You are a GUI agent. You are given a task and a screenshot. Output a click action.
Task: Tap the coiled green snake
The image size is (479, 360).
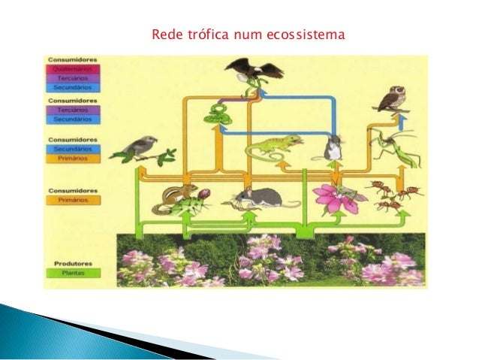(218, 115)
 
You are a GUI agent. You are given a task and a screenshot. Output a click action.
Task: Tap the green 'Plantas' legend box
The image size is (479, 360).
(73, 274)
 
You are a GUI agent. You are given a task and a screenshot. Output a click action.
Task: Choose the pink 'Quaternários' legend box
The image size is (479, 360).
(73, 68)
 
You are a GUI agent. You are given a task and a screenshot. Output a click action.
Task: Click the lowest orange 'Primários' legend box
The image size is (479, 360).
(73, 201)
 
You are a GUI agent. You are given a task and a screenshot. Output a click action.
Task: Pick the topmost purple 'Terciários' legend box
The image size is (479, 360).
(73, 77)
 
